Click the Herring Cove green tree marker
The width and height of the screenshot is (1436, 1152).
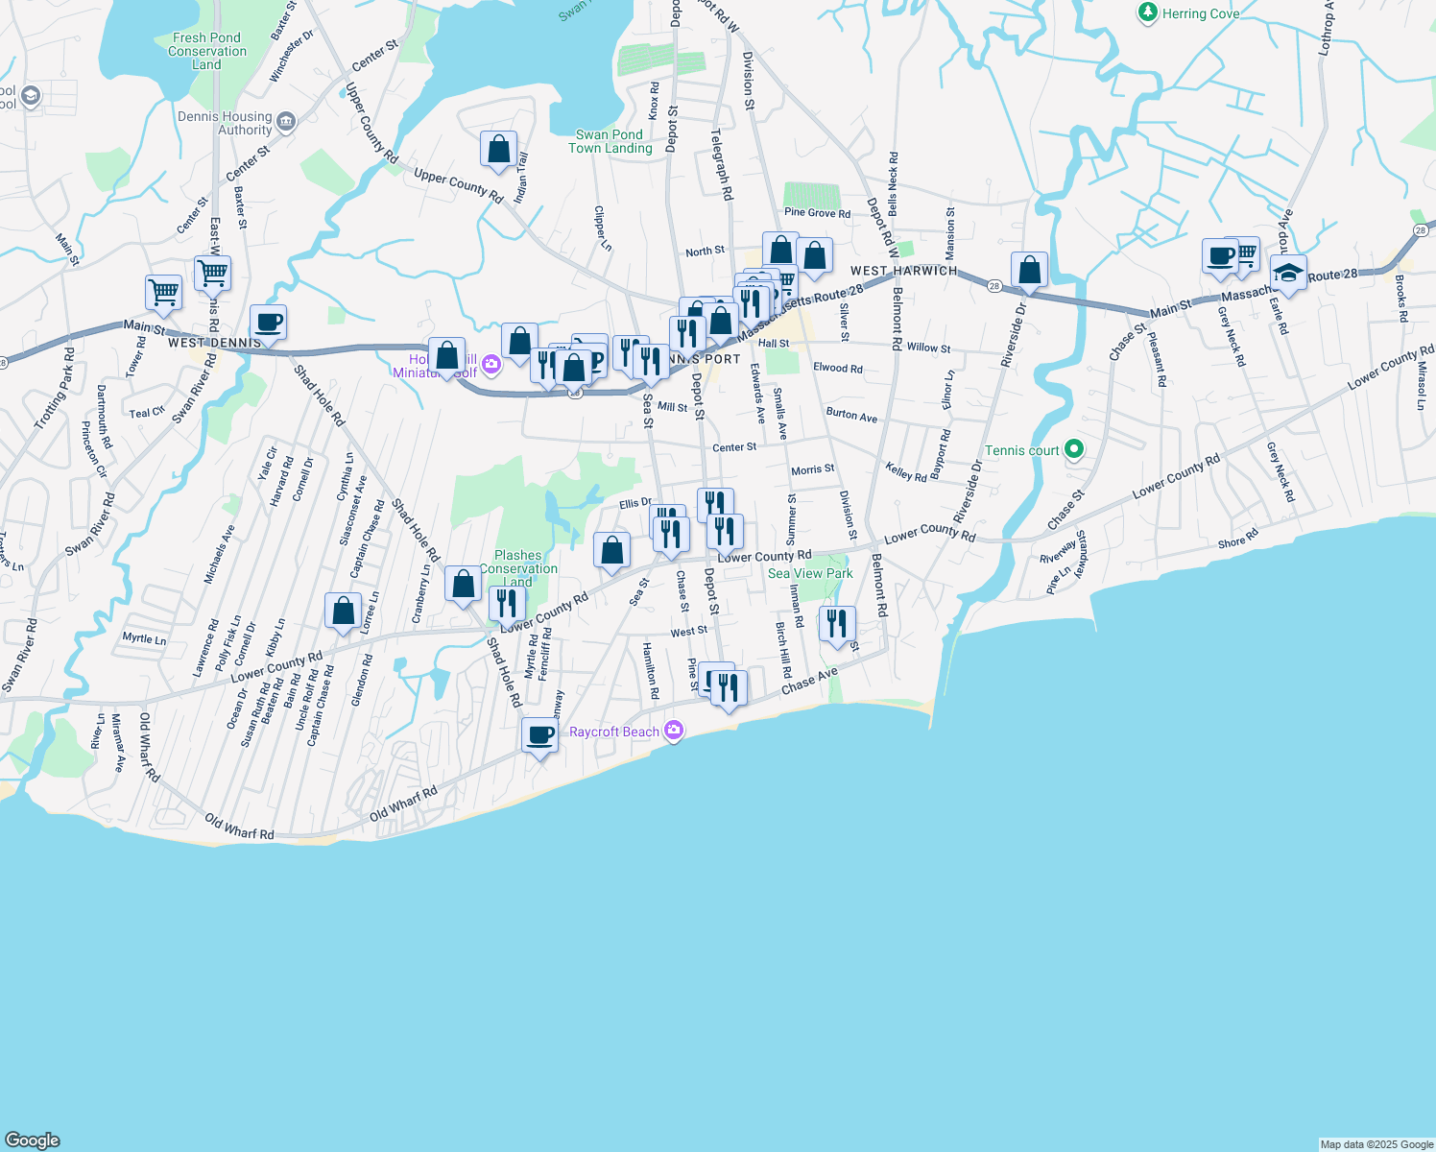(1147, 13)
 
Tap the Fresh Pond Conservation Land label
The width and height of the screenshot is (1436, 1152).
(206, 52)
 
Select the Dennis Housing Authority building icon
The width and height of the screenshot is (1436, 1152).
(286, 123)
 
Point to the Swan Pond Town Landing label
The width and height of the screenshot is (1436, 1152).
(610, 141)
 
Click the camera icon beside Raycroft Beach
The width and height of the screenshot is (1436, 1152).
(674, 732)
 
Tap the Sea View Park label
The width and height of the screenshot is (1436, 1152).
(810, 573)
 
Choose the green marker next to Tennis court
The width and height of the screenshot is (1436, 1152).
(1074, 449)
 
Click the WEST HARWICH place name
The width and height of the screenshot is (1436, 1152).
(903, 271)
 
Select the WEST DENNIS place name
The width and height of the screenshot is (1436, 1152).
(214, 343)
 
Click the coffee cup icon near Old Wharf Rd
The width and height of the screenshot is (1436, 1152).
(540, 735)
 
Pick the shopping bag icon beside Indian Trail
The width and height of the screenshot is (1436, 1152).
(498, 150)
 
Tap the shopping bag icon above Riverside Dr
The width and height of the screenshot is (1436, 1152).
(1029, 271)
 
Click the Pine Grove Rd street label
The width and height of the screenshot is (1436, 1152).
(817, 213)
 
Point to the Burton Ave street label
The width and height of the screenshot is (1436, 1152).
(851, 416)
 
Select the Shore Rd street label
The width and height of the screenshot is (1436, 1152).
(1237, 540)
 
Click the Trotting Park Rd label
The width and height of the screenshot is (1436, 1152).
(54, 388)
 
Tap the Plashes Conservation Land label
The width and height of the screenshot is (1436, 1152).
(518, 568)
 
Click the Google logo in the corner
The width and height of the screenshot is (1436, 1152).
(32, 1140)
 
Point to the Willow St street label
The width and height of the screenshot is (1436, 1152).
(928, 348)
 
